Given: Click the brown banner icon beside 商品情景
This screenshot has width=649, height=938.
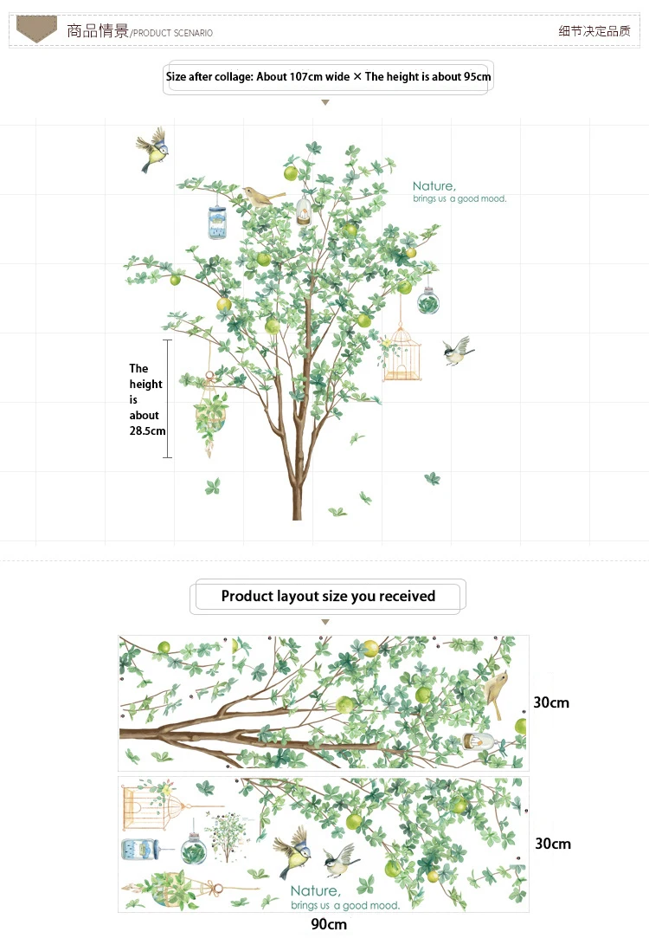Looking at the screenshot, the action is [x=36, y=29].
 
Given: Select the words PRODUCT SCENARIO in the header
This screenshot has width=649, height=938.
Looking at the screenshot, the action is [x=172, y=33].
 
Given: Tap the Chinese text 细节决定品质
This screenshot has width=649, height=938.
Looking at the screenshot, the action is [x=594, y=31].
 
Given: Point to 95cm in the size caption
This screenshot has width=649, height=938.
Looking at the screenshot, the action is [x=477, y=76].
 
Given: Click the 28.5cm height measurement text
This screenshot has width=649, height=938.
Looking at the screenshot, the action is [x=147, y=430].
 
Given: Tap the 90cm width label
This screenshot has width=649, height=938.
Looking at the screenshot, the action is [x=329, y=925].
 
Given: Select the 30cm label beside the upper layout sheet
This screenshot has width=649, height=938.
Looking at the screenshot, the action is [x=551, y=702].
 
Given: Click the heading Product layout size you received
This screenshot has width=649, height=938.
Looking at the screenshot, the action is [x=328, y=596].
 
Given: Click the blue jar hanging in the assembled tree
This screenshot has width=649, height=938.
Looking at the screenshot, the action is [x=216, y=223].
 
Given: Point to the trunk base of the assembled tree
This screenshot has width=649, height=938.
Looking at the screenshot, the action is [x=298, y=507].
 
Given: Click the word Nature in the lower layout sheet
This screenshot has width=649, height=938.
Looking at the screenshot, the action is [x=315, y=891].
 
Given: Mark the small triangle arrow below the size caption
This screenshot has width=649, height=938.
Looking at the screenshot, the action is [x=325, y=103].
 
